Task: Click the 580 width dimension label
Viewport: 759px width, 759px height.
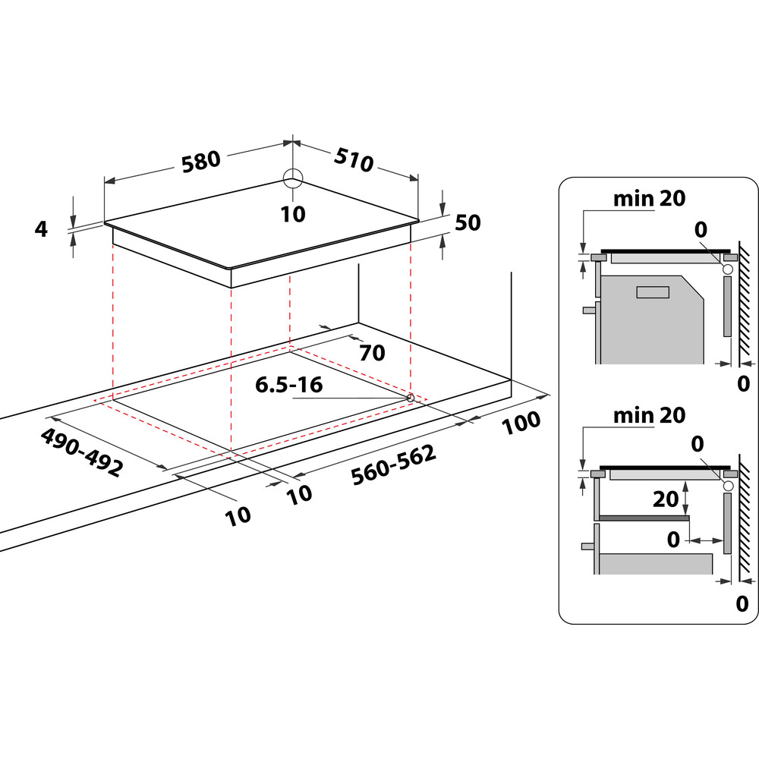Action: [201, 162]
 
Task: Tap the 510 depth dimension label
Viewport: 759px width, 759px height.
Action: [354, 159]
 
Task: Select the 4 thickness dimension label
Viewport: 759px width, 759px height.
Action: [41, 229]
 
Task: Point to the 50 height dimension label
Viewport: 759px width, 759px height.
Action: [468, 222]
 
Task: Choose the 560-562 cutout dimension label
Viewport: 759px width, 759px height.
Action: [393, 465]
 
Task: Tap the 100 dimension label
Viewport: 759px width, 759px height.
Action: [521, 423]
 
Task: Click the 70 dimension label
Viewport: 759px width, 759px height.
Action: [372, 353]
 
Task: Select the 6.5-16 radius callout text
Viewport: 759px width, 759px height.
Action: [288, 385]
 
